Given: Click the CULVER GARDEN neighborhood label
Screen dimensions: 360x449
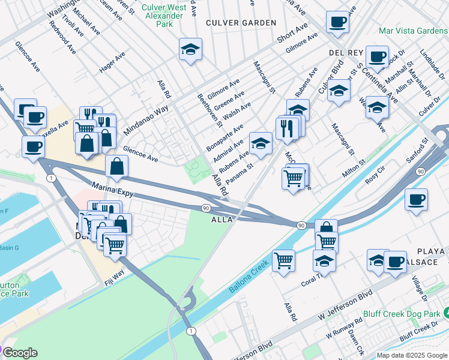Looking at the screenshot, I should click(241, 23).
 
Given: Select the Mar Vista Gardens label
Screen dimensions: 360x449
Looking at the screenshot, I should click(413, 30).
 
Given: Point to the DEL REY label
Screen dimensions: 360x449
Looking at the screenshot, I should click(344, 53).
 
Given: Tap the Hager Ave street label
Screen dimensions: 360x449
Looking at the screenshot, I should click(112, 62).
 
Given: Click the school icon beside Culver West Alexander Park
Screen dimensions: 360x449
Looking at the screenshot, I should click(190, 50).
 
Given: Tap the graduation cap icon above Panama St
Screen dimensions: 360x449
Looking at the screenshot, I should click(260, 143).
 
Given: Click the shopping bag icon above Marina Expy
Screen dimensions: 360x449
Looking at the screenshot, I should click(116, 167).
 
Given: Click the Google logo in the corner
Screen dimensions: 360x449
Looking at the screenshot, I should click(20, 353).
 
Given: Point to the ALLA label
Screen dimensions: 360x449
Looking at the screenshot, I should click(221, 220).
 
